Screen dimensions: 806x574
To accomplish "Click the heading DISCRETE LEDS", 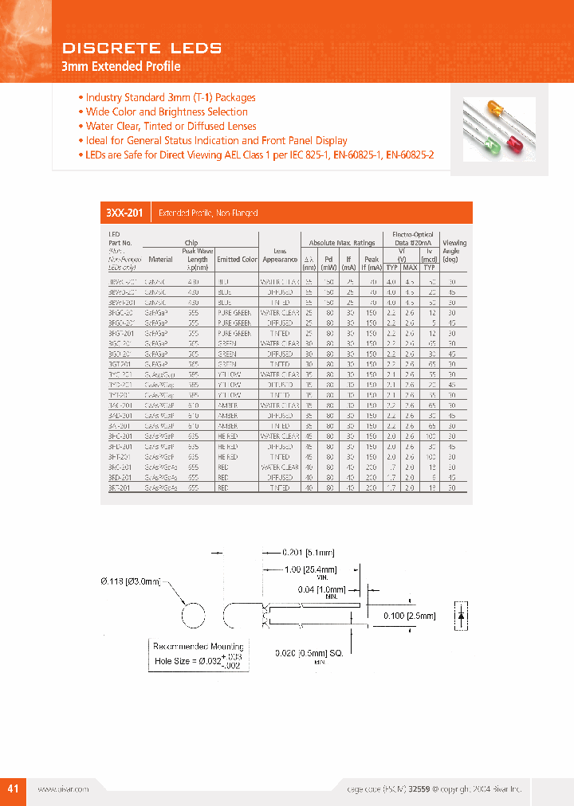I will point(141,49).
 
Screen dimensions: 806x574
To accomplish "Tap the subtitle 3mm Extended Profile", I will point(121,67).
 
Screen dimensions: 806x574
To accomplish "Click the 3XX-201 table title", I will point(124,213).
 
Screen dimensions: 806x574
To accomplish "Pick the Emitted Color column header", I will point(237,259).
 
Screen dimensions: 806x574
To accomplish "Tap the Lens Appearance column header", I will point(279,255).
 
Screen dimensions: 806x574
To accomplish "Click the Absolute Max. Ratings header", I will point(341,243).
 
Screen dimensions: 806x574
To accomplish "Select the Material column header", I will point(159,259).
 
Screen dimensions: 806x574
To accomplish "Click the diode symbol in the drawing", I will point(459,616).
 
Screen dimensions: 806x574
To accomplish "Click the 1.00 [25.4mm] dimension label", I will point(311,569).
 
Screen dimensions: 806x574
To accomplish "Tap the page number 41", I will point(14,788).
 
